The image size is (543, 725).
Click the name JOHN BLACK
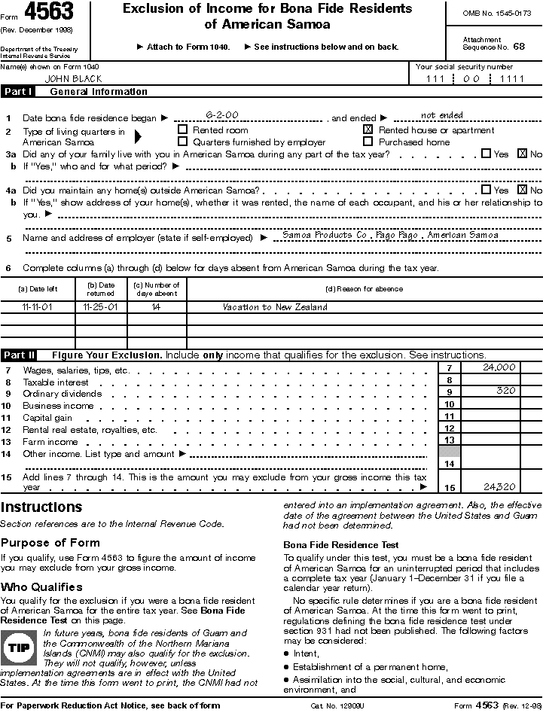73,78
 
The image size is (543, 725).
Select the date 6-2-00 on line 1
221,115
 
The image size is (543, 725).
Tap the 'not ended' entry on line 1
441,115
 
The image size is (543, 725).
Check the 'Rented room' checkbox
182,129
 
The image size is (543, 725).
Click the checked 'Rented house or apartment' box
368,129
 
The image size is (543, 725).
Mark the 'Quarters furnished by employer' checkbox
182,141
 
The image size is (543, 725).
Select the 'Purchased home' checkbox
368,141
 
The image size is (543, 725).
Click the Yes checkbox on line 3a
486,154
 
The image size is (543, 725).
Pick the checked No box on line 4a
522,190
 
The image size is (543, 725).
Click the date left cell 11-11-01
38,307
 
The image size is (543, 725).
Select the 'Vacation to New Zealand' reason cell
275,307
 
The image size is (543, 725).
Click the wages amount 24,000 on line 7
499,367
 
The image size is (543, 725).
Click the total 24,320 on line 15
499,487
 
